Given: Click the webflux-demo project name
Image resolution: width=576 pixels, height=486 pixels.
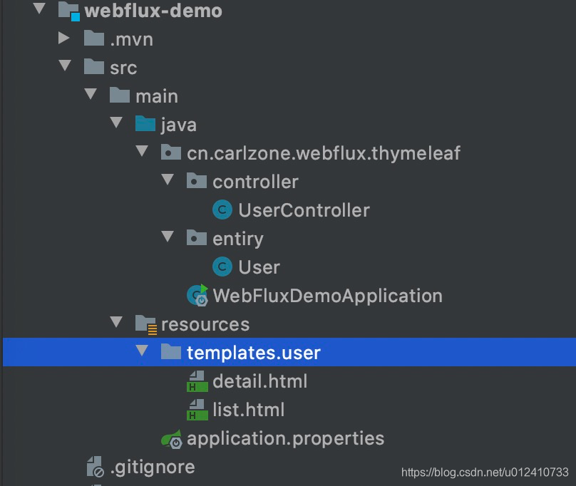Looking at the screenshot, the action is [153, 11].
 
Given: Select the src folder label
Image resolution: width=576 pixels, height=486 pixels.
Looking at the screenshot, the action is [123, 68].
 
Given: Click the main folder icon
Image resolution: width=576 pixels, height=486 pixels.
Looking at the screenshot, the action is [120, 95].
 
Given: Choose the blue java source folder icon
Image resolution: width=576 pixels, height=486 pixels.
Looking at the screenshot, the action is [145, 125].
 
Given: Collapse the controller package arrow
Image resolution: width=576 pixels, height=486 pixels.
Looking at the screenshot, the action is [168, 181].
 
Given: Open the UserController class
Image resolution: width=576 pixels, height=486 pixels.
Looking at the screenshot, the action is [304, 210].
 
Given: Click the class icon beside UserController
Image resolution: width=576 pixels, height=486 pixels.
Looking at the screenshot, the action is [222, 210].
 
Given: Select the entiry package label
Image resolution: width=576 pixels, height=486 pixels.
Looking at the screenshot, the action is [237, 239].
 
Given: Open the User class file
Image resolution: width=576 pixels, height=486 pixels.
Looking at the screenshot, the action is [259, 267].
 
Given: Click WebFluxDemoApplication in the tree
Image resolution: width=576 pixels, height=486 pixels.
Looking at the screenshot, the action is [327, 296].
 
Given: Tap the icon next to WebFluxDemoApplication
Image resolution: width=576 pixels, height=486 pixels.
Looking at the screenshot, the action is [197, 295].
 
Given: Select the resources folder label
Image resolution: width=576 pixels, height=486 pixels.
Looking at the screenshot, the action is [205, 324].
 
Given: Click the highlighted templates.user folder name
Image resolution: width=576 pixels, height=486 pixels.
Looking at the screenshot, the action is [253, 353].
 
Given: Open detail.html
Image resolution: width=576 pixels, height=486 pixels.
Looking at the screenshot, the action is [259, 381].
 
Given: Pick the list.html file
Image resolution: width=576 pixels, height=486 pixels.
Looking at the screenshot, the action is [248, 410].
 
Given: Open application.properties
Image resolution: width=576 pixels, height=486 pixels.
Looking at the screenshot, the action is [285, 438].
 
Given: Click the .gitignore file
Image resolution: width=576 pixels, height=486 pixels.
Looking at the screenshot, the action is [152, 467].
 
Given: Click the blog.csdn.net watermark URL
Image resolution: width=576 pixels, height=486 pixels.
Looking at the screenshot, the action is [485, 472].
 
